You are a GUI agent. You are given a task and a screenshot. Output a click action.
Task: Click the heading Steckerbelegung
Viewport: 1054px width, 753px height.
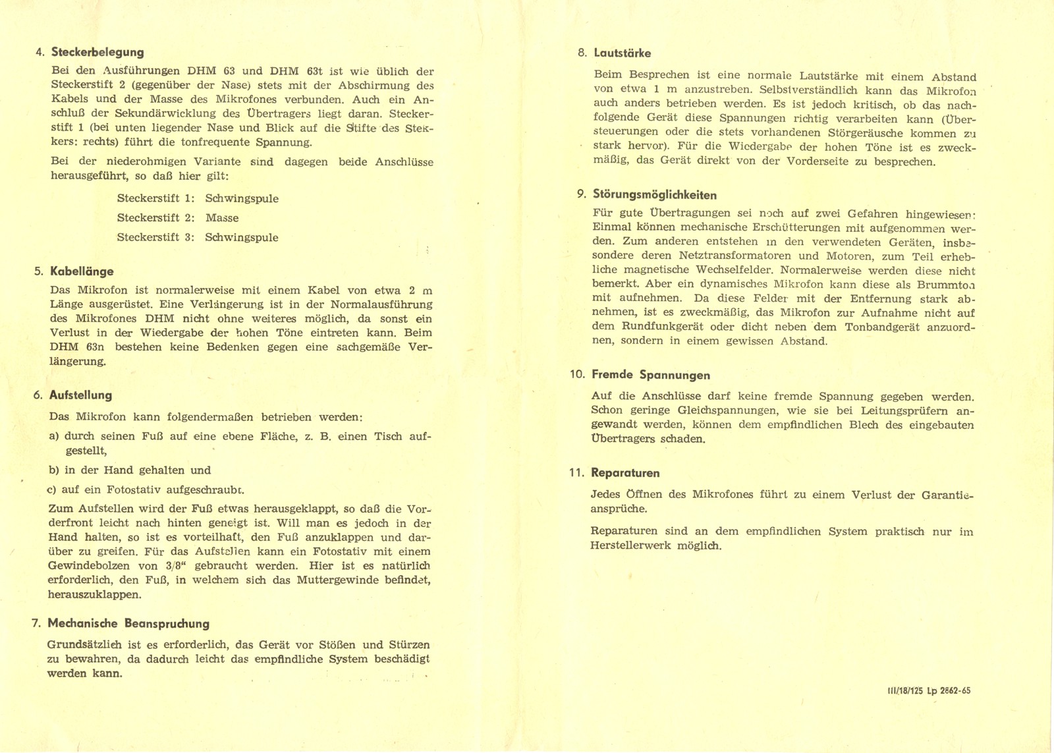point(97,52)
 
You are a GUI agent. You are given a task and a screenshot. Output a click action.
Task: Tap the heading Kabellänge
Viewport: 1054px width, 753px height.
point(82,271)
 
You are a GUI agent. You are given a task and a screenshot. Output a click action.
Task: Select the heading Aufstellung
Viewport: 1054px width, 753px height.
point(80,395)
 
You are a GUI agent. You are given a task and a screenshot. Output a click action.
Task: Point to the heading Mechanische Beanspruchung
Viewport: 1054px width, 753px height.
point(128,624)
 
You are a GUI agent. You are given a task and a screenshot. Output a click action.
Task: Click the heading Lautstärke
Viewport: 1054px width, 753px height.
point(622,53)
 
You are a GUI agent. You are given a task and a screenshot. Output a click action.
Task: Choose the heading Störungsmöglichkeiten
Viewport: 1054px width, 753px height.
point(654,195)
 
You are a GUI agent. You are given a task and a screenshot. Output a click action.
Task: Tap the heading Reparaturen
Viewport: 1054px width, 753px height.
point(625,473)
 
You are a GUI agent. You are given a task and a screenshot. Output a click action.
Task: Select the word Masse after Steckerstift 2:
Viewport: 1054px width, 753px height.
point(222,218)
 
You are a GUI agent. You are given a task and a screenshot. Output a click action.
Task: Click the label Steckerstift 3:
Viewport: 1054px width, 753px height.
point(155,237)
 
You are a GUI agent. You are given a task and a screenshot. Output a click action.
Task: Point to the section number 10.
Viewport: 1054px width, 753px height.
point(577,375)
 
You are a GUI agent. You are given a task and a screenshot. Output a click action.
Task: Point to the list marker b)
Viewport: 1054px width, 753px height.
point(55,470)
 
